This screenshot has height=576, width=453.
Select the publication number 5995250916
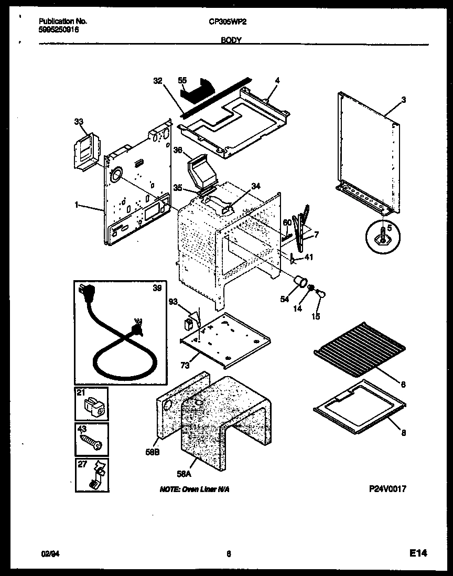(59, 29)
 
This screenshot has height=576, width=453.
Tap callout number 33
(79, 122)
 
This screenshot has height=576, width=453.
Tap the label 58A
(184, 474)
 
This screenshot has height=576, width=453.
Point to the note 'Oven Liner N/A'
(194, 489)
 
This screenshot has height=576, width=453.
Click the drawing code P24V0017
(387, 489)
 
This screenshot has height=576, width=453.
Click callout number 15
(316, 316)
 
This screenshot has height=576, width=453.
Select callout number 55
(182, 81)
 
